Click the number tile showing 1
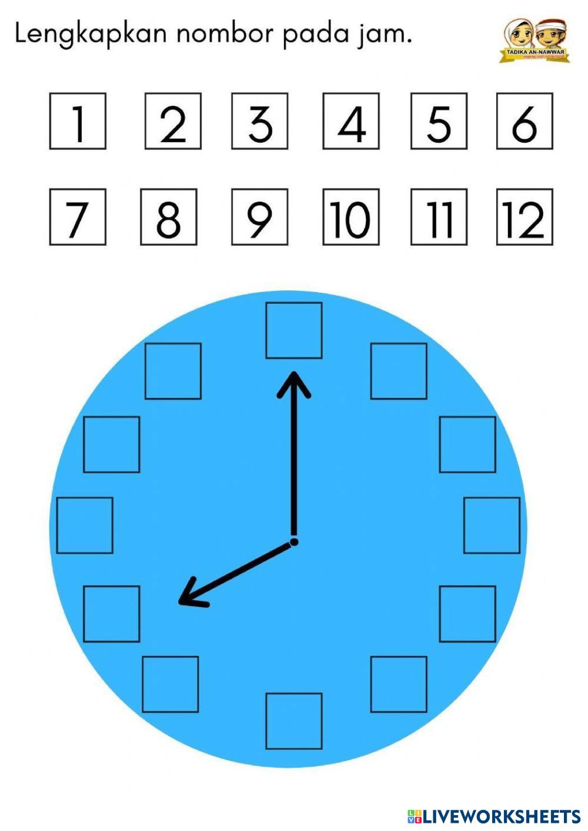point(78,121)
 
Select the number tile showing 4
point(351,121)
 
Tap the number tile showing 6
point(524,121)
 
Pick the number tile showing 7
point(78,217)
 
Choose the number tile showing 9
point(259,217)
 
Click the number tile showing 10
point(351,217)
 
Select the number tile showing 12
point(524,217)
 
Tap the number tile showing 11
point(439,217)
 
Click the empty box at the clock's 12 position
point(293,330)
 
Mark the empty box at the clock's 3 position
point(492,525)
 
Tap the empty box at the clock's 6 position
point(293,721)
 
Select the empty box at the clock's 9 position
point(85,525)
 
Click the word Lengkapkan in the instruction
point(91,35)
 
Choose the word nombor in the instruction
point(225,35)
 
